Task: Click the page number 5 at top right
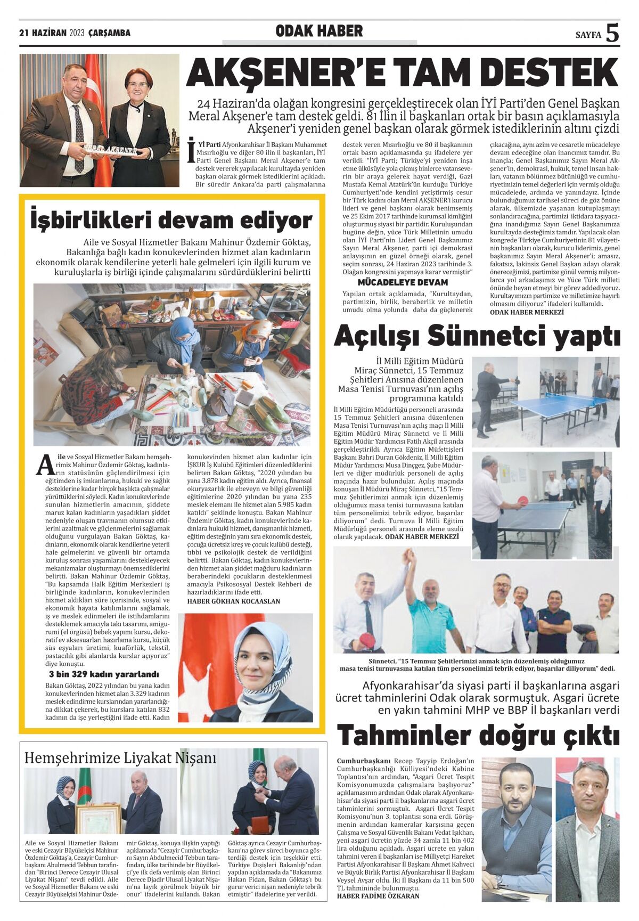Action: tap(612, 33)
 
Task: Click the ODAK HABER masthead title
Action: tap(319, 31)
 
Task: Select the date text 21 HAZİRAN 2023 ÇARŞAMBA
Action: tap(75, 33)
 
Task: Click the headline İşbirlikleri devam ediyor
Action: tap(171, 220)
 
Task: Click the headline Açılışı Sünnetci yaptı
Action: tap(477, 336)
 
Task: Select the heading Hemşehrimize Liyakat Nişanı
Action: tap(120, 757)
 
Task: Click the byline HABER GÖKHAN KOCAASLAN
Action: tap(234, 601)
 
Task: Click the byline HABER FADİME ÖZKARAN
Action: tap(378, 895)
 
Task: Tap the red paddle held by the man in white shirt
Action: tap(523, 500)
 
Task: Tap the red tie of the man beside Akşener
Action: tap(79, 136)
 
